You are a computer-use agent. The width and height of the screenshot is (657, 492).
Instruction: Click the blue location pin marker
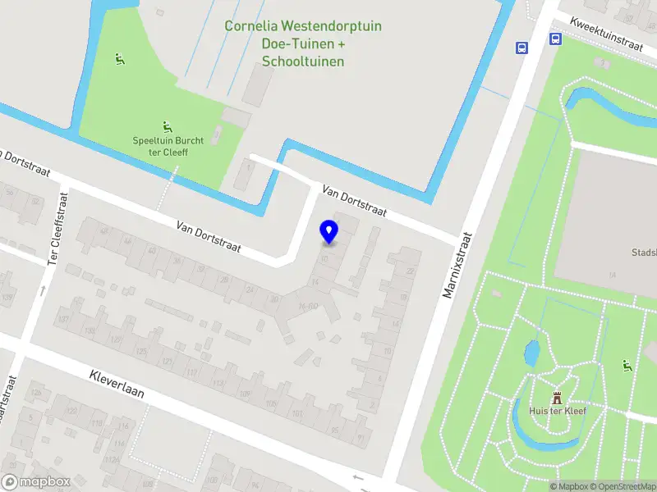tap(328, 232)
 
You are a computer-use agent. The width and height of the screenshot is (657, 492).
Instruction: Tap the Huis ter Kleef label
tap(558, 411)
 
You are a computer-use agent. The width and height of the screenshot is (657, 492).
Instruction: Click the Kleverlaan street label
tap(117, 383)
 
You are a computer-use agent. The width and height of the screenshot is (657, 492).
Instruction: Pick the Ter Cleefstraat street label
tap(56, 222)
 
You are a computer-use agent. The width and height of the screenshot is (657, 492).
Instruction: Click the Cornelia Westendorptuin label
tap(303, 26)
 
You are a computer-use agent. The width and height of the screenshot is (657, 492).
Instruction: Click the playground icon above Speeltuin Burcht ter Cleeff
tap(168, 127)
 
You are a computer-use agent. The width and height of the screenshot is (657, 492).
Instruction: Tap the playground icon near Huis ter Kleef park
tap(629, 366)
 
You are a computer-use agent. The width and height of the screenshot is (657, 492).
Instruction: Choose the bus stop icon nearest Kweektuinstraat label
tap(556, 39)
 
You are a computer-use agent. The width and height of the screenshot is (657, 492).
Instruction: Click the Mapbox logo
tap(35, 481)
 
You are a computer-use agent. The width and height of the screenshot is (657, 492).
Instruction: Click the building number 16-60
tap(308, 307)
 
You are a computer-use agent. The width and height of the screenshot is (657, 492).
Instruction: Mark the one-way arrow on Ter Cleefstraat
tap(42, 290)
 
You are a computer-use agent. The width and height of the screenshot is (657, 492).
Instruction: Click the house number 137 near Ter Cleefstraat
tap(88, 330)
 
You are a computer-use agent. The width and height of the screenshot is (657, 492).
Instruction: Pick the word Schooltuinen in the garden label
tap(303, 61)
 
